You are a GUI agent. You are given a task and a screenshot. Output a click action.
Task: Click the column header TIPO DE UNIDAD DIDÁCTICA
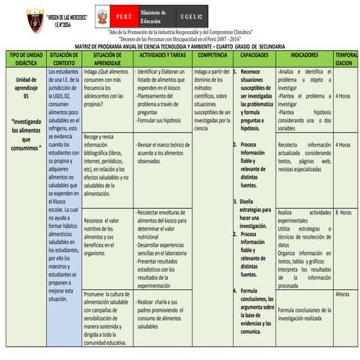pyautogui.click(x=25, y=58)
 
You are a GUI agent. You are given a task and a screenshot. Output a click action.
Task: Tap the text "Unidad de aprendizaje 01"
pyautogui.click(x=25, y=87)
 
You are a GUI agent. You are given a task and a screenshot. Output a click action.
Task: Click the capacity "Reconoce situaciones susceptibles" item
pyautogui.click(x=257, y=99)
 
